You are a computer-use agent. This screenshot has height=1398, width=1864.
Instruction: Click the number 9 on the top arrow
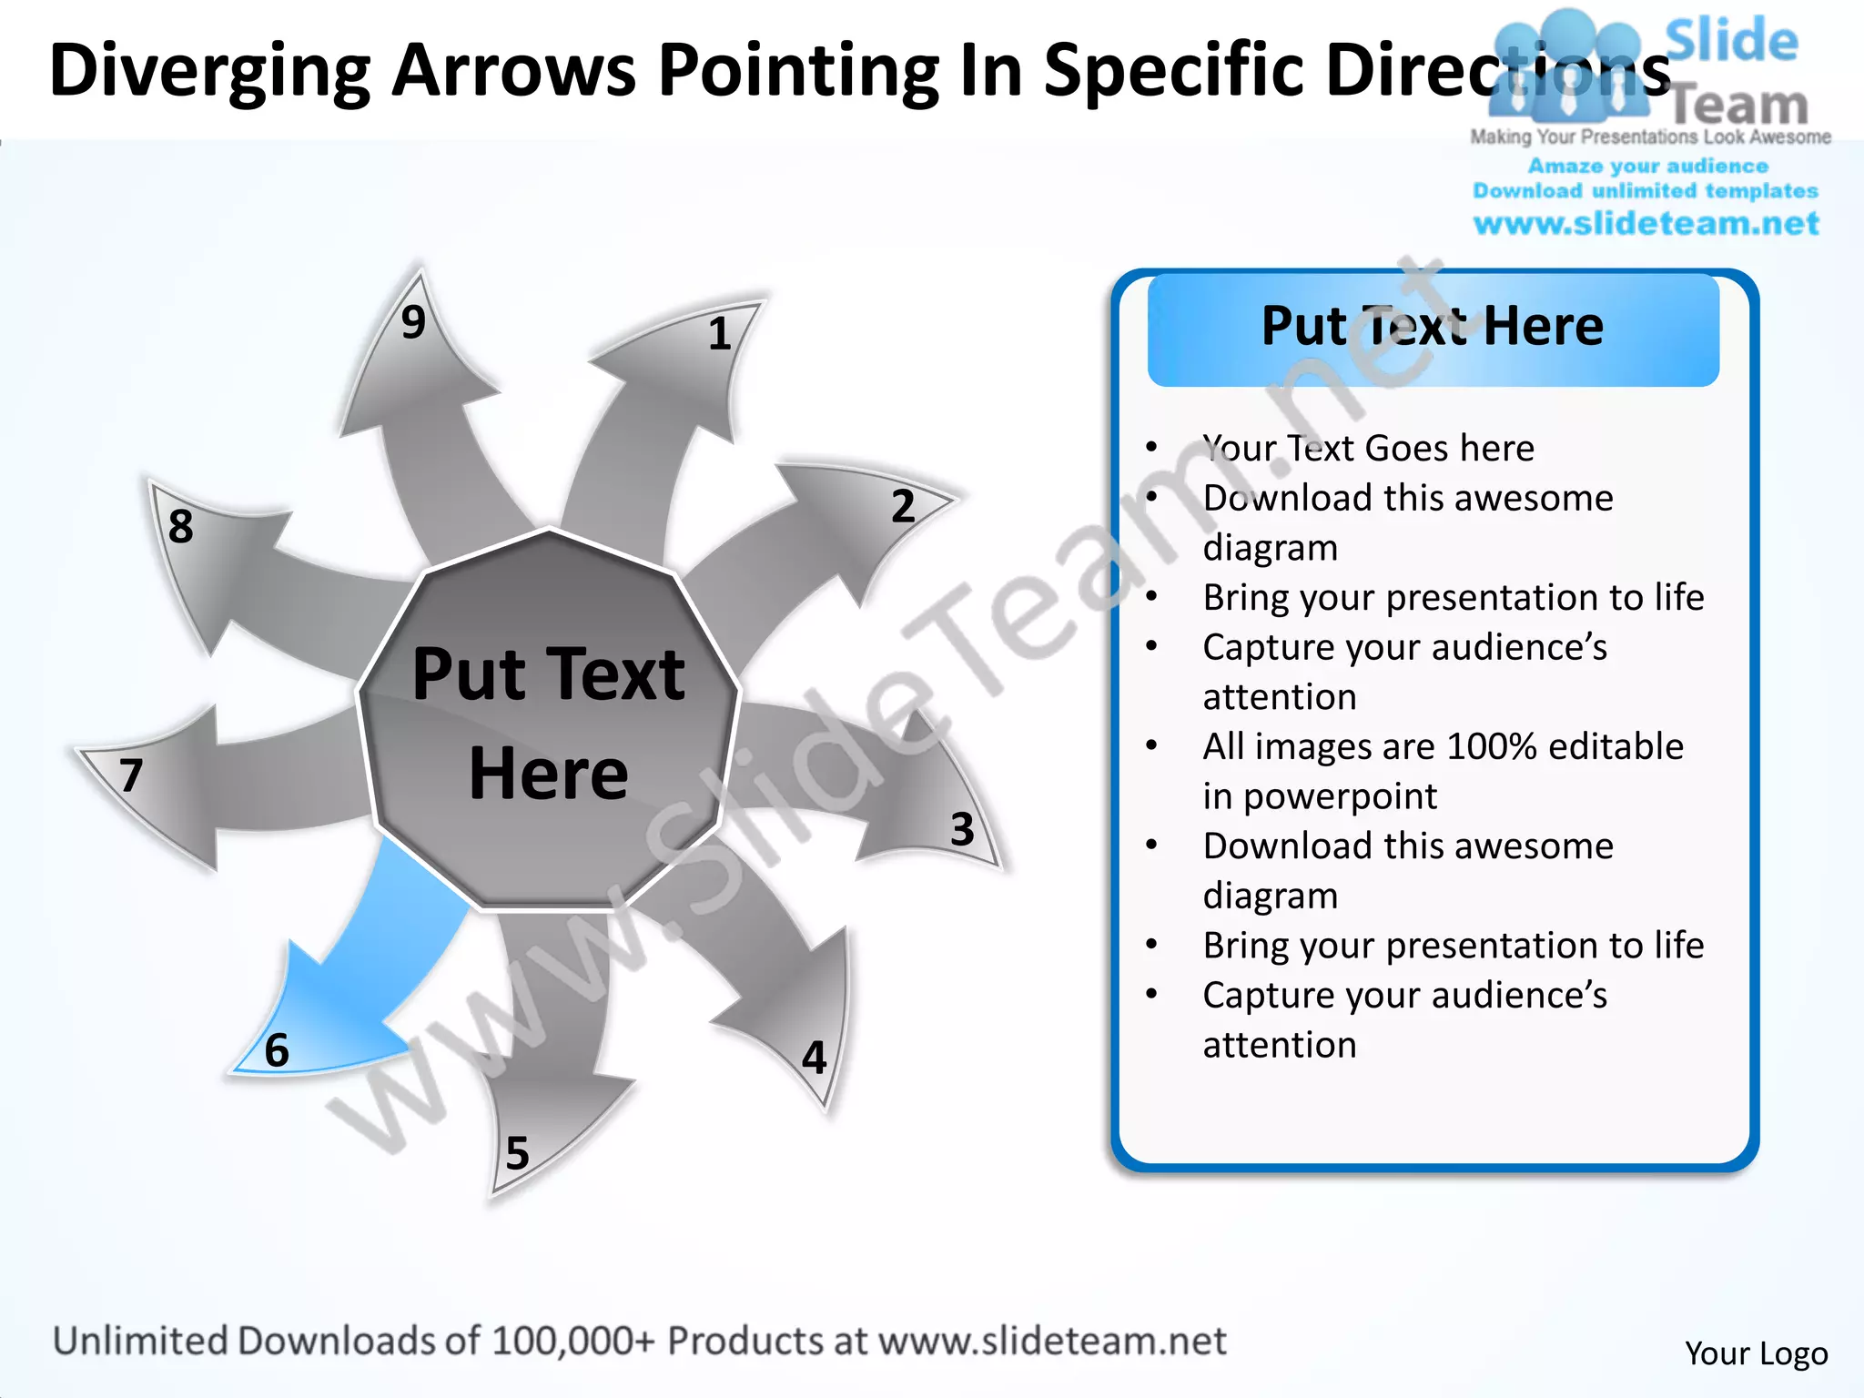pos(413,322)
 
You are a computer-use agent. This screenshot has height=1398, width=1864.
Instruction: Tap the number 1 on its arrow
pos(719,334)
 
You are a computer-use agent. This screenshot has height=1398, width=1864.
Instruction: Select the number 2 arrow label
pos(902,506)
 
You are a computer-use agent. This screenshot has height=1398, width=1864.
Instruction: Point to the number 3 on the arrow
pos(962,829)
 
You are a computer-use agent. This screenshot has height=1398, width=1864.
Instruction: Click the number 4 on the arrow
pos(815,1058)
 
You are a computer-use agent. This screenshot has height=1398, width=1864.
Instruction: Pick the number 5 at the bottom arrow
pos(517,1153)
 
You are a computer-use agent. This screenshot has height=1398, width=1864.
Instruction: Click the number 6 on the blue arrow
pos(277,1050)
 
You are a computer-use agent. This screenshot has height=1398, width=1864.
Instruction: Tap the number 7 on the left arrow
pos(131,775)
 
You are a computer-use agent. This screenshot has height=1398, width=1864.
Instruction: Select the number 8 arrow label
pos(180,526)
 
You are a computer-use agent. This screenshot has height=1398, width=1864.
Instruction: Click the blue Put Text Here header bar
pos(1433,328)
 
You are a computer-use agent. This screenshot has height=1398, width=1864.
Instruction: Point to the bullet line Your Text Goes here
pos(1368,448)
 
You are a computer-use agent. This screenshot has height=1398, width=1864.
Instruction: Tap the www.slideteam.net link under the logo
pos(1646,224)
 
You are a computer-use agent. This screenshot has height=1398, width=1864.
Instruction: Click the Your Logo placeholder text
pos(1756,1353)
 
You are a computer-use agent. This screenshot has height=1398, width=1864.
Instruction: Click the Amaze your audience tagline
pos(1647,166)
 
